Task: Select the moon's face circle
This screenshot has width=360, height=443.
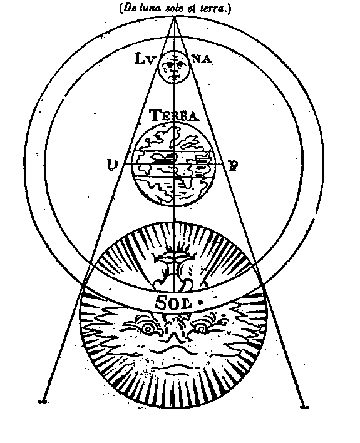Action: coord(173,67)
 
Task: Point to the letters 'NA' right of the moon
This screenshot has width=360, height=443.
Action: coord(202,60)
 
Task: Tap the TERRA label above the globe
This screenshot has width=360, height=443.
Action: coord(173,116)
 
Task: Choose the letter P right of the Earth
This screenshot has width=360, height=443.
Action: coord(233,166)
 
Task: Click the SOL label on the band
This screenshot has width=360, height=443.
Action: coord(173,303)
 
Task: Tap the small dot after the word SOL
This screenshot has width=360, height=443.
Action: coord(201,303)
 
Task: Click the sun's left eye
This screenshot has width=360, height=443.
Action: coord(147,328)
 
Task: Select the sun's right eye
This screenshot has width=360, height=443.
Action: coord(201,328)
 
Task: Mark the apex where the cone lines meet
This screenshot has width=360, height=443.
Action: coord(173,17)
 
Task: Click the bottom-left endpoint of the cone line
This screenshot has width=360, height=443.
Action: coord(43,401)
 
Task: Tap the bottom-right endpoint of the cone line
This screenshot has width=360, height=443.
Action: coord(304,407)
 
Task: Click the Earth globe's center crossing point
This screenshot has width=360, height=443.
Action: coord(174,163)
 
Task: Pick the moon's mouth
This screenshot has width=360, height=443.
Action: coord(174,76)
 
